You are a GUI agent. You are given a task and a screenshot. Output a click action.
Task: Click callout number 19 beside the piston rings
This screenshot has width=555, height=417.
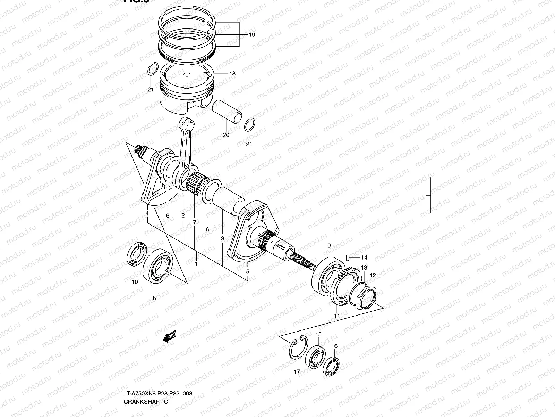[x=252, y=35]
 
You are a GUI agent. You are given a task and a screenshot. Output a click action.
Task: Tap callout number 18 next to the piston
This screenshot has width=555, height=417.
[x=232, y=74]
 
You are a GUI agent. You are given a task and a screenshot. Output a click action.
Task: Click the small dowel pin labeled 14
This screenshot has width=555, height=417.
[x=347, y=257]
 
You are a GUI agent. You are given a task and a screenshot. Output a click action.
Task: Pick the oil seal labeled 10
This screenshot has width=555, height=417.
[x=137, y=254]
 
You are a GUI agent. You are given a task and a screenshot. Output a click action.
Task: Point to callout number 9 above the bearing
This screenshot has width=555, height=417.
[x=329, y=246]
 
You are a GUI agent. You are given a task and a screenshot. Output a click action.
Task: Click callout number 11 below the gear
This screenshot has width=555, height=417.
[x=336, y=316]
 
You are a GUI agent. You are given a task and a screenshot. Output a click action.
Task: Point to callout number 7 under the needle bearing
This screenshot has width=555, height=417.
[x=194, y=222]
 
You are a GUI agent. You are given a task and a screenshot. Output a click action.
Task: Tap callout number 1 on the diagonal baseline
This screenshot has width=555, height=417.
[x=196, y=264]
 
